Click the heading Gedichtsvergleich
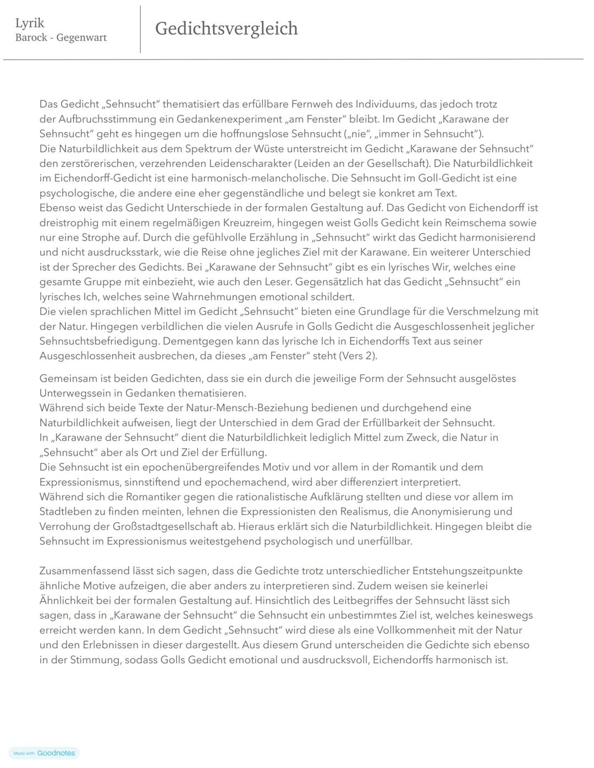[x=226, y=29]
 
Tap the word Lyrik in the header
[x=30, y=23]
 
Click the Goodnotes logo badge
[x=45, y=753]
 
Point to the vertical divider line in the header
[x=140, y=29]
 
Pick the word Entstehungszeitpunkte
[x=467, y=571]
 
